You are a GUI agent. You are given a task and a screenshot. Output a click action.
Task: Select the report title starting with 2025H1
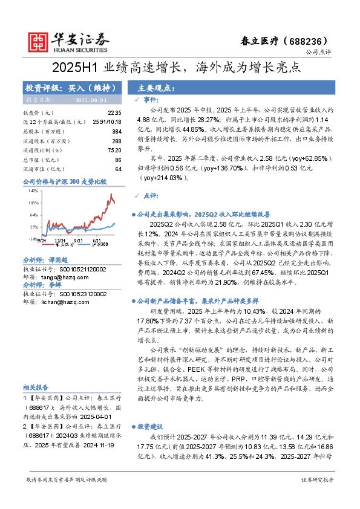pyautogui.click(x=180, y=66)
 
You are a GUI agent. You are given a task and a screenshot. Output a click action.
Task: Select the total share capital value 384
pyautogui.click(x=117, y=131)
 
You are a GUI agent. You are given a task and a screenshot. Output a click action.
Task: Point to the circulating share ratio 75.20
pyautogui.click(x=114, y=150)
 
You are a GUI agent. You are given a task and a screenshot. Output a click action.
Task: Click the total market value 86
pyautogui.click(x=118, y=160)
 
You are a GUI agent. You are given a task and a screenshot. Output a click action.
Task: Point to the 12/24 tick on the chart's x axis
pyautogui.click(x=62, y=239)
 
